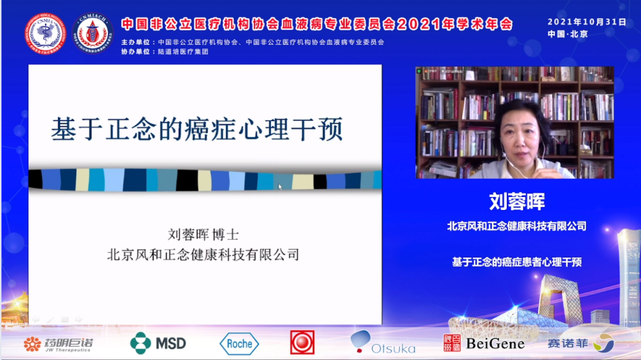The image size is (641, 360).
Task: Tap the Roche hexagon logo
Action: (239, 343)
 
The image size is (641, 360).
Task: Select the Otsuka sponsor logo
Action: (383, 343)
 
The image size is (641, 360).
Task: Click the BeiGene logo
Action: (484, 343)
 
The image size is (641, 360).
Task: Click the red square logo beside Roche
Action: (302, 343)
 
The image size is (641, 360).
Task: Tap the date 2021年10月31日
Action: (587, 22)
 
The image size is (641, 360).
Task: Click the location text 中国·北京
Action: (567, 34)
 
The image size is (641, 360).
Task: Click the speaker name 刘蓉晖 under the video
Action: (517, 201)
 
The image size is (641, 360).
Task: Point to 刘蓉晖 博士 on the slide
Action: (204, 235)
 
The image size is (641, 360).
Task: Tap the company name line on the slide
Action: (203, 255)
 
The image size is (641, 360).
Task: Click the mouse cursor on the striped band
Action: (280, 186)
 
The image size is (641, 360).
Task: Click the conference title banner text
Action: (317, 24)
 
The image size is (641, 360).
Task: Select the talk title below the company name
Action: (517, 262)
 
